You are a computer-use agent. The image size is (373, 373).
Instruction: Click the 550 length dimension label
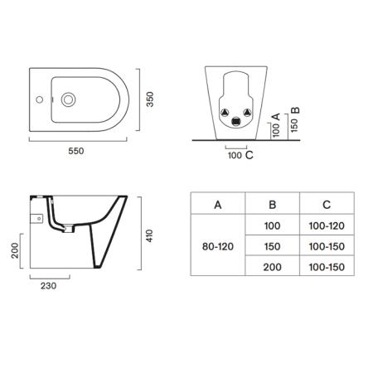point(76,151)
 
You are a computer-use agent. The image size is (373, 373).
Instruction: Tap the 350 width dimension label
point(149,99)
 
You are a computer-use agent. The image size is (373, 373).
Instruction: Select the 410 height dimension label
point(149,235)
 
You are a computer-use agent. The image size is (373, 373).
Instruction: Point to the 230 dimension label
point(49,286)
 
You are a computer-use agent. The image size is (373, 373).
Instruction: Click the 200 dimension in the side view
point(15,250)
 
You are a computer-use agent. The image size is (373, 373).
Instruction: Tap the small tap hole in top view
point(40,99)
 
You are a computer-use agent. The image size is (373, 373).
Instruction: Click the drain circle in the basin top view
point(68,99)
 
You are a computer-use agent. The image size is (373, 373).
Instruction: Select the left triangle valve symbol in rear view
point(225,113)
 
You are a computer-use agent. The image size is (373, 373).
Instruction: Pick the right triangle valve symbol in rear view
point(247,113)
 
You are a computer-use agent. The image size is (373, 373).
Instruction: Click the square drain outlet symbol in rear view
point(235,122)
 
